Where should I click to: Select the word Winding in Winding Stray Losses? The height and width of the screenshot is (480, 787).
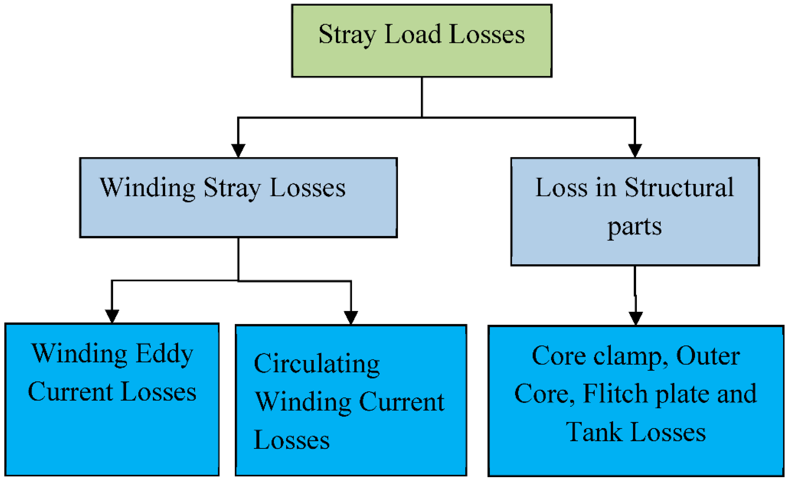click(x=147, y=188)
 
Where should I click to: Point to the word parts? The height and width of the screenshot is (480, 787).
click(x=634, y=227)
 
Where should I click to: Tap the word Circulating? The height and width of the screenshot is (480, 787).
click(x=316, y=363)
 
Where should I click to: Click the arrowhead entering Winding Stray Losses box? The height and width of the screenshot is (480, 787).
click(x=238, y=150)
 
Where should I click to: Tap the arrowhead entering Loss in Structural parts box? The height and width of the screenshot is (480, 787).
click(x=635, y=150)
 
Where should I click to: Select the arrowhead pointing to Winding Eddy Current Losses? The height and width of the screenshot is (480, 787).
click(x=112, y=316)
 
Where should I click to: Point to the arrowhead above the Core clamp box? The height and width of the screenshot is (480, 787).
click(x=636, y=318)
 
